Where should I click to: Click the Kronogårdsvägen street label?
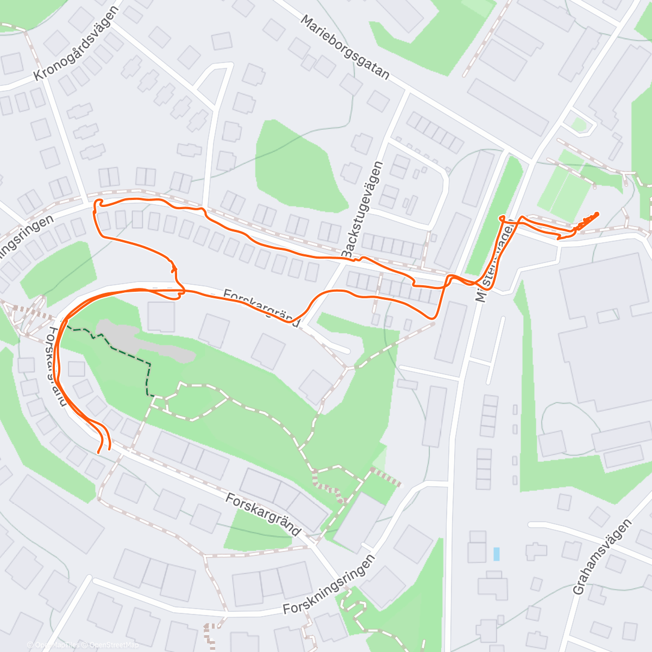[x=76, y=43]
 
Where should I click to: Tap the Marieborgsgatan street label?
[x=346, y=47]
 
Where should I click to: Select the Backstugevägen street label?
[x=362, y=209]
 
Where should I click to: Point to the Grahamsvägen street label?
[x=603, y=556]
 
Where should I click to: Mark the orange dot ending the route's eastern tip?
[x=597, y=214]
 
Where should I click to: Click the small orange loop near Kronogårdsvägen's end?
[x=98, y=203]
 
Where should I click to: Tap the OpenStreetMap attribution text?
[x=114, y=645]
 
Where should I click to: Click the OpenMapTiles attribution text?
[x=58, y=645]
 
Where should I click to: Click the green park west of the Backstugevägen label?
[x=299, y=166]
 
